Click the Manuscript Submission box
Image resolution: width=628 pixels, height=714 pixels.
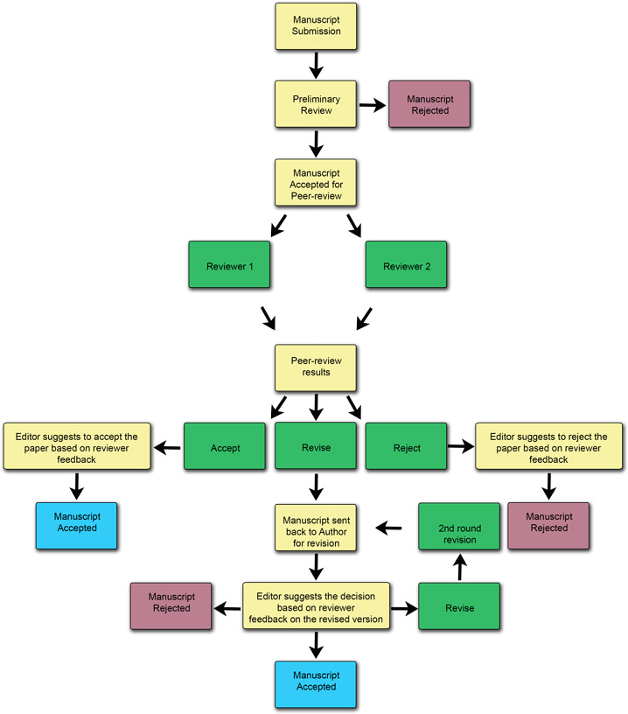pyautogui.click(x=316, y=26)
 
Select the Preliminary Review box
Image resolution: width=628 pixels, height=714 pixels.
pyautogui.click(x=316, y=104)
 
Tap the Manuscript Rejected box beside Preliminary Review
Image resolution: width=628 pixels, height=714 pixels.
pyautogui.click(x=429, y=104)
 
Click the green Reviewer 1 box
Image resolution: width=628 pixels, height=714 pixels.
pyautogui.click(x=230, y=265)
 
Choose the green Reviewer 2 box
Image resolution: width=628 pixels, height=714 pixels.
pyautogui.click(x=406, y=265)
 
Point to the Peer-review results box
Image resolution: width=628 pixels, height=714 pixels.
pyautogui.click(x=316, y=367)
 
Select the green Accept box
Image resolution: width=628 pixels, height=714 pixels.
pyautogui.click(x=225, y=447)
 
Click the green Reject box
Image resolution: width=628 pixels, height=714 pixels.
pyautogui.click(x=406, y=447)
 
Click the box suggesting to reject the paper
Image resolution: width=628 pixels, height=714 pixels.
pyautogui.click(x=548, y=447)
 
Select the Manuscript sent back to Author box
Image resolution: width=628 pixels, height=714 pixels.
pyautogui.click(x=316, y=527)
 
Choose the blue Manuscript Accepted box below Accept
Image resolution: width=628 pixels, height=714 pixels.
pyautogui.click(x=75, y=524)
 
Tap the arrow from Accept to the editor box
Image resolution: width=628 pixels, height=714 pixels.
pyautogui.click(x=167, y=448)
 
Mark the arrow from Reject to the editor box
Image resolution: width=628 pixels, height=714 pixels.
pyautogui.click(x=459, y=447)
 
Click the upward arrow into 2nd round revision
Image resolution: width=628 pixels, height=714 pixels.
pyautogui.click(x=459, y=569)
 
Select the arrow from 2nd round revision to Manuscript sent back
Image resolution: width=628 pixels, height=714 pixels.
pyautogui.click(x=388, y=528)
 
